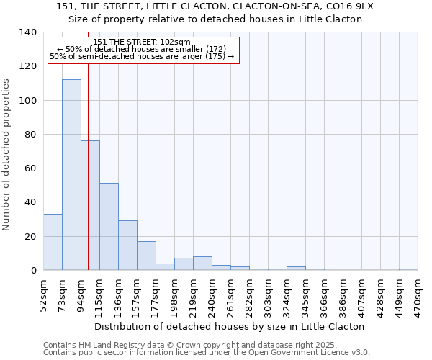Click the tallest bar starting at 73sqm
(71, 175)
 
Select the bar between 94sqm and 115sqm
(91, 205)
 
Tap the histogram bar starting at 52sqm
(53, 242)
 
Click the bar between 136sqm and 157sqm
(127, 246)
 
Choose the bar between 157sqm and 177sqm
(146, 256)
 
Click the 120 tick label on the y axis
(27, 66)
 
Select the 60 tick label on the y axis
(30, 168)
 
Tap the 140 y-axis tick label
(27, 32)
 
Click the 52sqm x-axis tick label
(43, 293)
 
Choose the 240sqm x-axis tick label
(212, 293)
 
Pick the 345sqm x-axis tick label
(305, 293)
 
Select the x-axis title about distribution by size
(229, 326)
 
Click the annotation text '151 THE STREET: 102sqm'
(142, 42)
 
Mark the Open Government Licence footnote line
(207, 353)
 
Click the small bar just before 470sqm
(408, 269)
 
